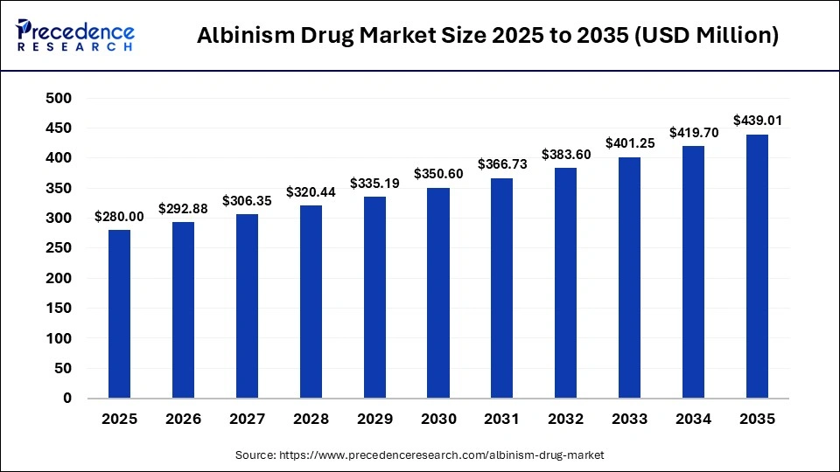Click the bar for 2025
119,314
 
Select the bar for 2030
438,293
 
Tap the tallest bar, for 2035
757,266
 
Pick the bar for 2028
311,302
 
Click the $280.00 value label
119,217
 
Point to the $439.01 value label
757,121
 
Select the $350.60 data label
438,174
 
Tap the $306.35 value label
247,200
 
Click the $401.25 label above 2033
629,143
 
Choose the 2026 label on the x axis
183,420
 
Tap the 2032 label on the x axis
566,420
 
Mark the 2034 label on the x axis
694,420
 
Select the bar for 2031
502,288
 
